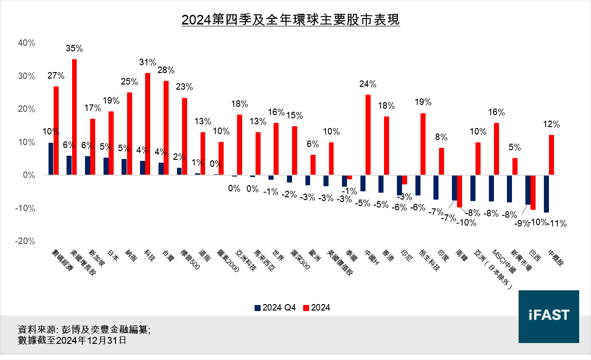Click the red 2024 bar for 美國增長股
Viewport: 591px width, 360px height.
[74, 117]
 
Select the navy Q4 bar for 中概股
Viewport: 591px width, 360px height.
[546, 194]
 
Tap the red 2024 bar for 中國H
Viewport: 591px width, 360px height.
[368, 135]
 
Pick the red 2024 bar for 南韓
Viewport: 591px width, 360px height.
[460, 191]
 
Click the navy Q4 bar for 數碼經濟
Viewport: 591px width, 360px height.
[50, 159]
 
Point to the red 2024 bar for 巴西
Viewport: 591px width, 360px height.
[533, 192]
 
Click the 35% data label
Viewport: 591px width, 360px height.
[74, 48]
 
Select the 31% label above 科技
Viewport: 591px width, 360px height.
[148, 62]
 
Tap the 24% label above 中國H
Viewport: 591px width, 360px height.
[368, 84]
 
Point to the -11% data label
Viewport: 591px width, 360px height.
[557, 224]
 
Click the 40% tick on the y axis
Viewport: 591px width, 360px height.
[26, 43]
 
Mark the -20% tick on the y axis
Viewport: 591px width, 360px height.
[25, 241]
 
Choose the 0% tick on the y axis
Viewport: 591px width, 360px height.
[29, 175]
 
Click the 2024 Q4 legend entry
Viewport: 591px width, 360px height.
[275, 308]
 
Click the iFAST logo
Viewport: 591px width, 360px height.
[548, 317]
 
